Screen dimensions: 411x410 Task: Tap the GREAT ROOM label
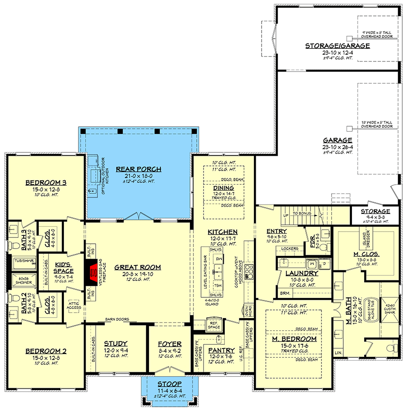pos(137,267)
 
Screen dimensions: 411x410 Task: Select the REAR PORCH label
pos(138,169)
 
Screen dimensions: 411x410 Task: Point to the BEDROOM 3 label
pos(46,182)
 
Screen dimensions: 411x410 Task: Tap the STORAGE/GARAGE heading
pos(337,45)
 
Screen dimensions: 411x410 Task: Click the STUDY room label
pos(116,344)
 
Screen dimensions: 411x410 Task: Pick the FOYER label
pos(169,344)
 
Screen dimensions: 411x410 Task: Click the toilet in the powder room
pos(323,247)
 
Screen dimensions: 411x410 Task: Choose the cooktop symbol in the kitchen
pos(250,272)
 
